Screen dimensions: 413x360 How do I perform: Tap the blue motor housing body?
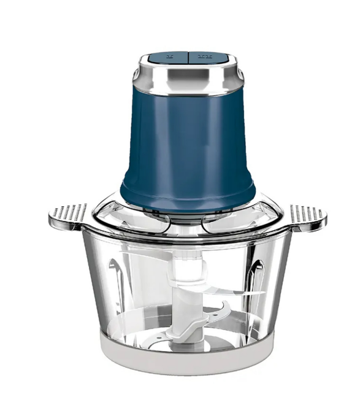[184, 141]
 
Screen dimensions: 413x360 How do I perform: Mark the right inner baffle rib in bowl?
[258, 276]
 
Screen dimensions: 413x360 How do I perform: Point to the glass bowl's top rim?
[184, 236]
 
